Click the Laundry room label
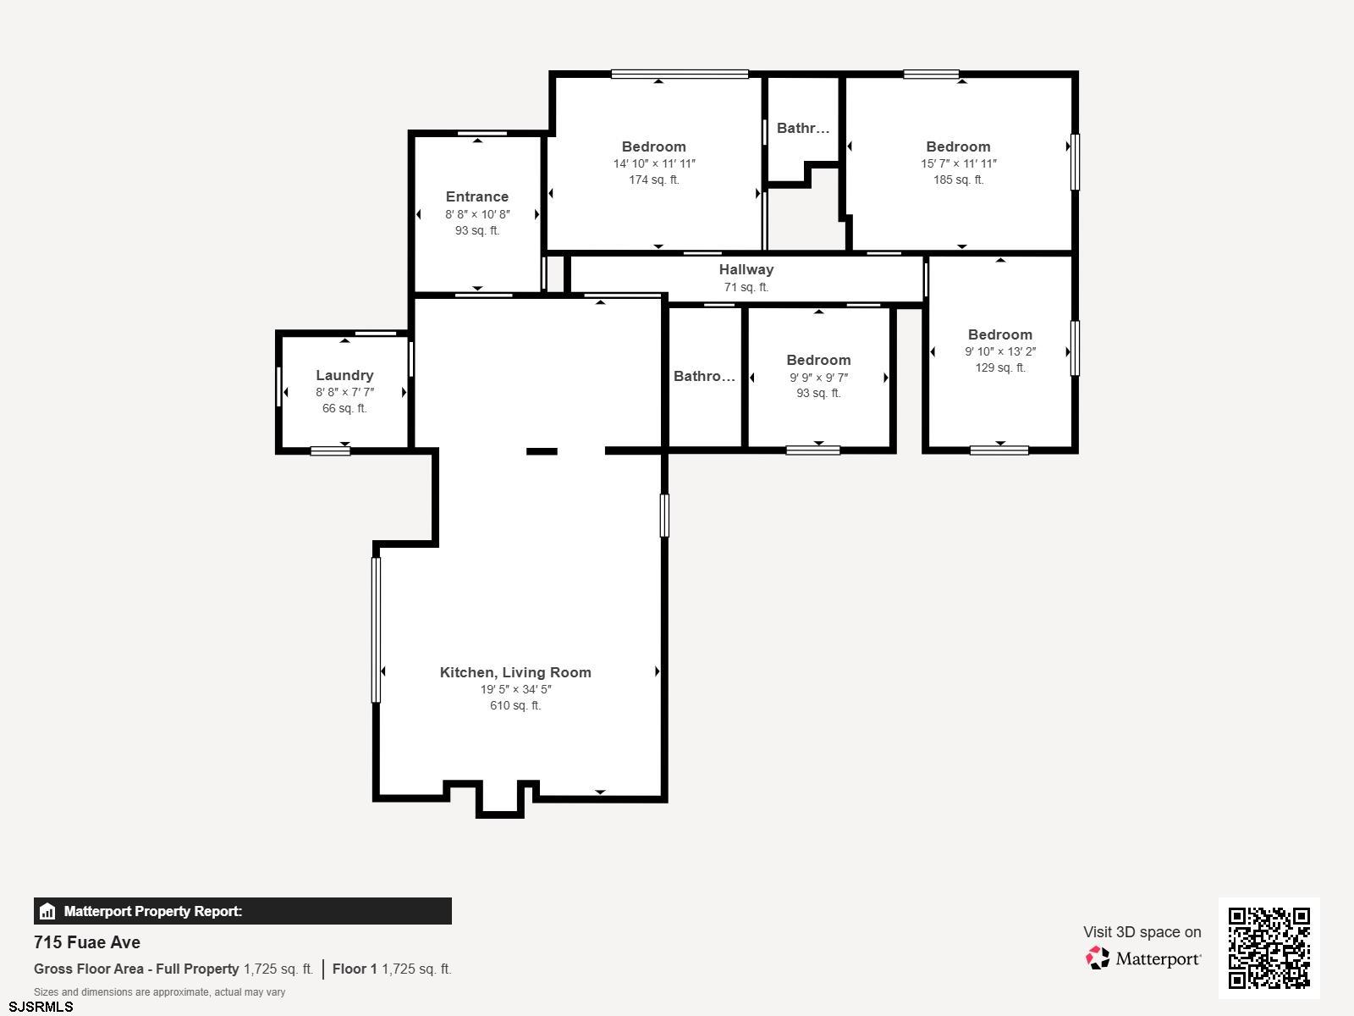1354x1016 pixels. click(344, 375)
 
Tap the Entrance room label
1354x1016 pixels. click(476, 196)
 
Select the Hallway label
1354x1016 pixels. click(746, 269)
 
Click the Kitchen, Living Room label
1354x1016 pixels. click(515, 672)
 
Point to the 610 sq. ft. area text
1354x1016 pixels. click(515, 705)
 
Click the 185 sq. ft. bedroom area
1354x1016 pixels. click(958, 179)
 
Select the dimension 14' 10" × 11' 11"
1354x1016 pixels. click(654, 163)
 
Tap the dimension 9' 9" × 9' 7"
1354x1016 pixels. click(818, 377)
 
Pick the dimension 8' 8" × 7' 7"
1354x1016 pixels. click(344, 392)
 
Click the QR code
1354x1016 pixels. click(1269, 948)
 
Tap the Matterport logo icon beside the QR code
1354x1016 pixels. click(1098, 958)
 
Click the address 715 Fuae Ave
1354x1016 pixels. click(87, 942)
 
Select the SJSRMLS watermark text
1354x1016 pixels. click(41, 1007)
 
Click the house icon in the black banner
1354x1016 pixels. click(47, 911)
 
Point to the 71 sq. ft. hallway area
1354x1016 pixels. click(746, 287)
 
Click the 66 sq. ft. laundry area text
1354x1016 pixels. click(344, 408)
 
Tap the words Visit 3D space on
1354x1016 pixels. click(1142, 932)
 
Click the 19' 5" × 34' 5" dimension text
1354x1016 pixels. click(515, 689)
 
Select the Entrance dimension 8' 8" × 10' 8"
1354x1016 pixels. click(476, 214)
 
